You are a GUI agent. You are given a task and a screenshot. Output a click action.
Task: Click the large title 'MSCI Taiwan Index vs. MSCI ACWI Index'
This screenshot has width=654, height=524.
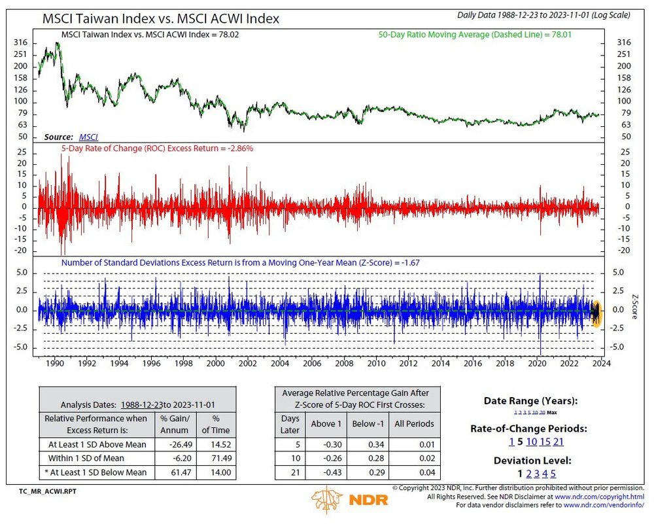(160, 19)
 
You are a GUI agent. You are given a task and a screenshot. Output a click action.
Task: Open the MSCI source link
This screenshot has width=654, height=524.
(88, 137)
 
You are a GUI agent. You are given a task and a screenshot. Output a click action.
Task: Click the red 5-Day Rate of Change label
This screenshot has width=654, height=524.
(157, 148)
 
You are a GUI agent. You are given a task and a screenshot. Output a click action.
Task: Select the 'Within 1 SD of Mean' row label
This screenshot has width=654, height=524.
(97, 458)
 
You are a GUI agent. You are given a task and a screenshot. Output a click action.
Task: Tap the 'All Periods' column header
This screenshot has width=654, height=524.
(414, 423)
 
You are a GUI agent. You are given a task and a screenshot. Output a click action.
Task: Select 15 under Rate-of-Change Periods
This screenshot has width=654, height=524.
(545, 442)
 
